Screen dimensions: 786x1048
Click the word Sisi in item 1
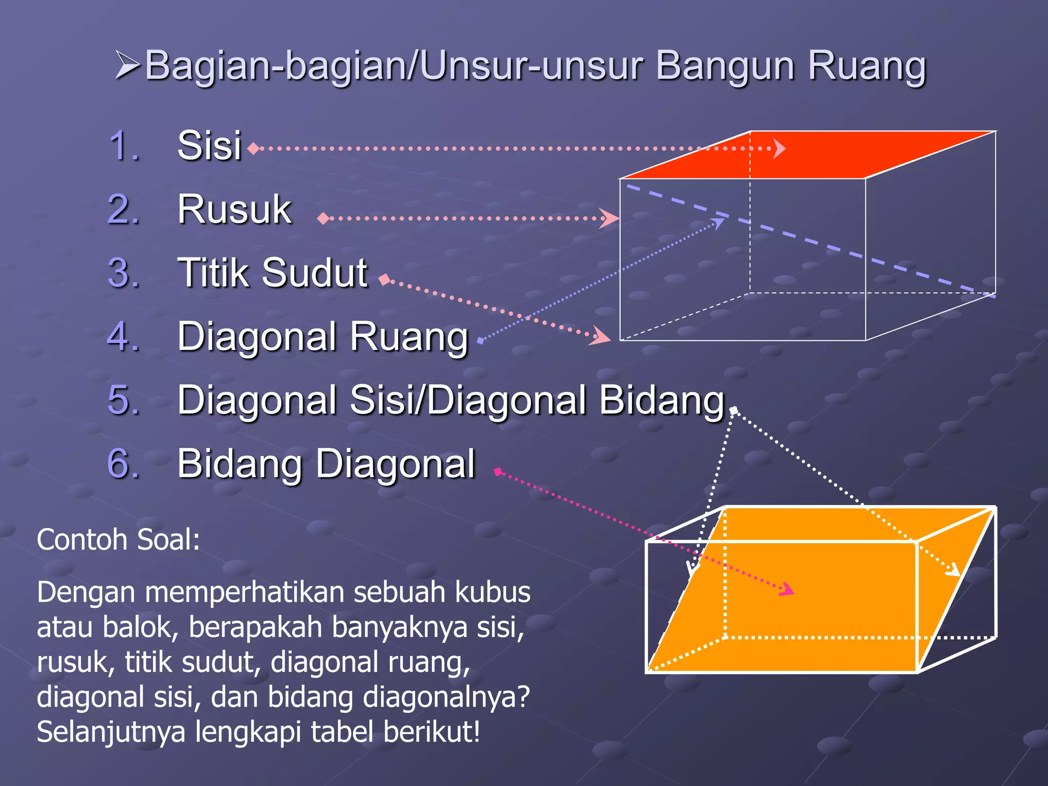(x=209, y=146)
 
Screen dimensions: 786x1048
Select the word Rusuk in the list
(x=234, y=209)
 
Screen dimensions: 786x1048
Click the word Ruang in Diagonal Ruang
(x=409, y=337)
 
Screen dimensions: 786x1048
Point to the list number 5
(x=123, y=400)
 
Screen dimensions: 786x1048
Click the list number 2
(x=123, y=209)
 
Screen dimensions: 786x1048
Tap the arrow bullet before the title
(x=127, y=65)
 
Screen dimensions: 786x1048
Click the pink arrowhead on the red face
(x=779, y=148)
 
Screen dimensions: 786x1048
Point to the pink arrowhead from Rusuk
(x=609, y=219)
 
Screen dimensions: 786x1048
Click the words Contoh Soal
(x=118, y=540)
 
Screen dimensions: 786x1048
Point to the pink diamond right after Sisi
(x=253, y=149)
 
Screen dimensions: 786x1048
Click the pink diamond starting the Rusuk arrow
(x=323, y=219)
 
